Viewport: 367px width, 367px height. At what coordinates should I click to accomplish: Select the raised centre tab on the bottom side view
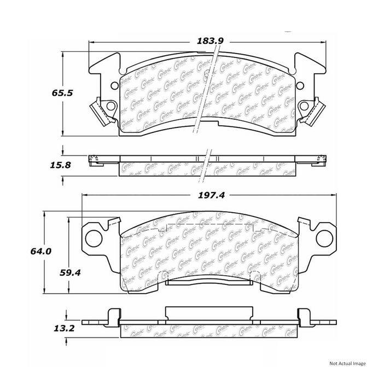(x=209, y=313)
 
